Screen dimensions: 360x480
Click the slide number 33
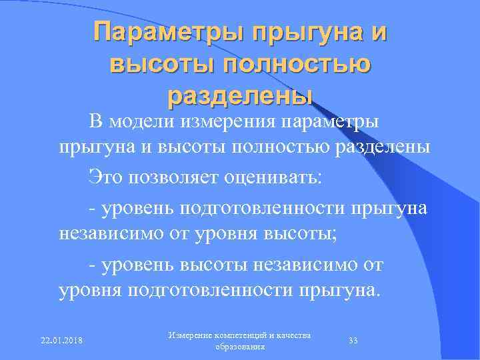pyautogui.click(x=353, y=341)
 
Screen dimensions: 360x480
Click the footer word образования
pyautogui.click(x=240, y=347)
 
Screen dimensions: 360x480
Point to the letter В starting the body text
pyautogui.click(x=95, y=121)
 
